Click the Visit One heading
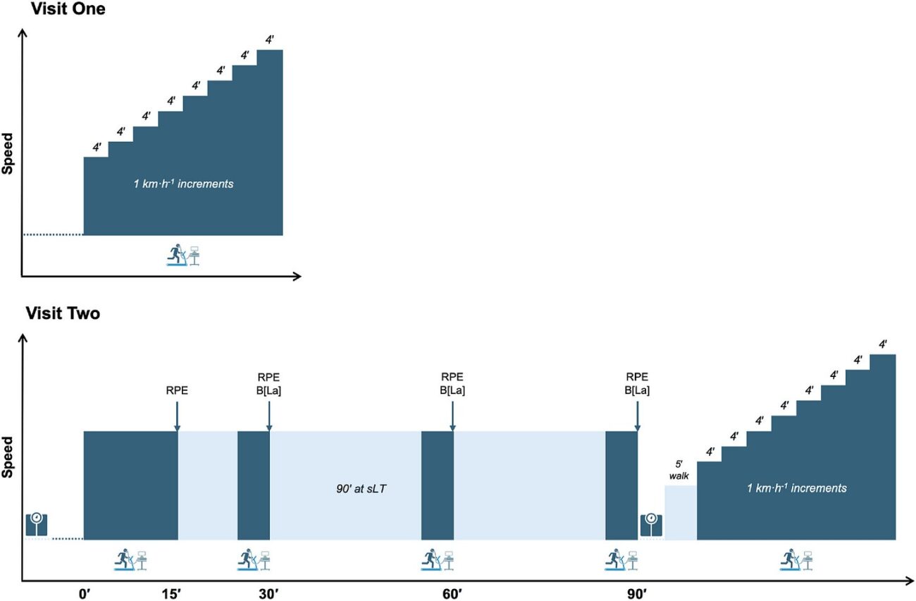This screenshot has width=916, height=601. [65, 10]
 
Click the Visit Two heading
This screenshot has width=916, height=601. [63, 314]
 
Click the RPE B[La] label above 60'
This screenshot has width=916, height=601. [452, 384]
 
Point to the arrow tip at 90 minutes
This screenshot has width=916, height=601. [637, 428]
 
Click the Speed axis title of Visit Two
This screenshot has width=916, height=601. [8, 458]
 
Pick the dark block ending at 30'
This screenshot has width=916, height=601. [253, 485]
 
